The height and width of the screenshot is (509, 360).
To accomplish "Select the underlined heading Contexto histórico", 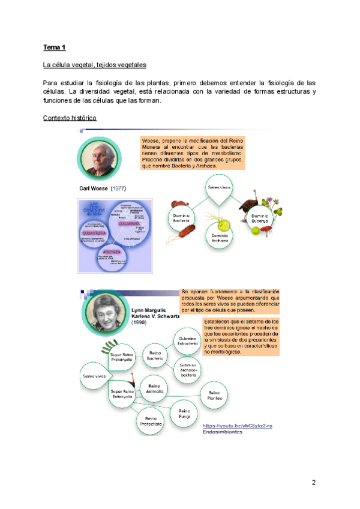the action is coord(70,118).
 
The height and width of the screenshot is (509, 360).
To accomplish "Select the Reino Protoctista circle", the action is coord(152,421).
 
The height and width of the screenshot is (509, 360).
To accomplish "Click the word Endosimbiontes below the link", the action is coord(222,432).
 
